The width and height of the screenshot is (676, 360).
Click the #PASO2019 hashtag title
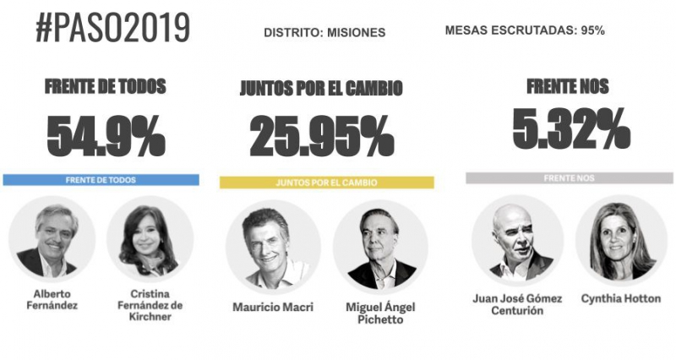click(112, 29)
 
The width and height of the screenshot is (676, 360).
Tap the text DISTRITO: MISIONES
click(324, 33)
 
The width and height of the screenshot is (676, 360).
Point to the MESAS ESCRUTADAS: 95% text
click(524, 30)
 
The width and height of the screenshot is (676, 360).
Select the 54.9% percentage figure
click(106, 135)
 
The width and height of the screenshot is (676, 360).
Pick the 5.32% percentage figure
click(570, 129)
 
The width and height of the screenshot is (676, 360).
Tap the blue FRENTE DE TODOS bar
click(101, 180)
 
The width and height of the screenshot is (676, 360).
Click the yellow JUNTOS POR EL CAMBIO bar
click(326, 182)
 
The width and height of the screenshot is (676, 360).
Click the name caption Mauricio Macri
click(272, 307)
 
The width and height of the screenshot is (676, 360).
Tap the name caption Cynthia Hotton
click(621, 299)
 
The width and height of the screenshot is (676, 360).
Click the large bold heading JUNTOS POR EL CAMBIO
click(320, 89)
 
